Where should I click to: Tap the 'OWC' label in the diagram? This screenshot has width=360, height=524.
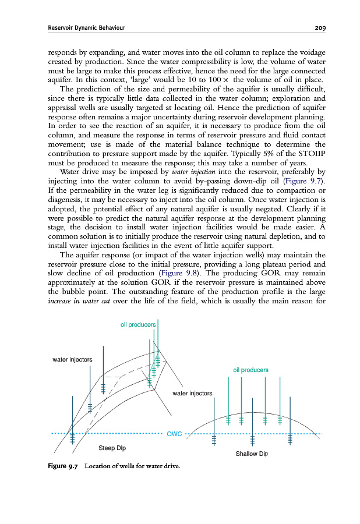tap(175, 434)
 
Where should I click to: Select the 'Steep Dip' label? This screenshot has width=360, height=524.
tap(112, 448)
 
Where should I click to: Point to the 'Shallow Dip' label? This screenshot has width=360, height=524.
tap(252, 454)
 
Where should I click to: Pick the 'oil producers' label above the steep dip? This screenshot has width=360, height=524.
tap(137, 324)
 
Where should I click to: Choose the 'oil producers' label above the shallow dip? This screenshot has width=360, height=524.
tap(250, 370)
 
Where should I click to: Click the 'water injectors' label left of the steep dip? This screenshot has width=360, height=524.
tap(72, 359)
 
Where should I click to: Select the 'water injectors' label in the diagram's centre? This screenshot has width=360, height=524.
tap(192, 394)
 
